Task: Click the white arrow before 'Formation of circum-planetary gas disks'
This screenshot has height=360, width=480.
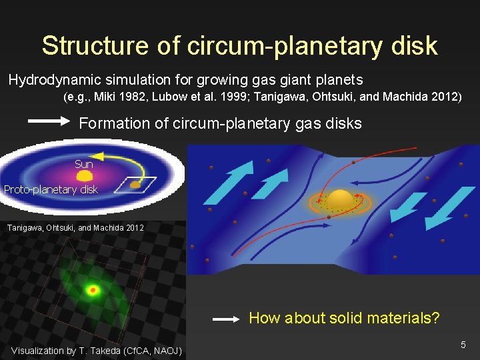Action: (x=50, y=121)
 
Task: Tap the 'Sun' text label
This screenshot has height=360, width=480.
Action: (x=84, y=164)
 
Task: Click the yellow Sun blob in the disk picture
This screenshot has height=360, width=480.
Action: (x=85, y=176)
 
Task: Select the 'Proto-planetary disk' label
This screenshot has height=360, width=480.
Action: (x=51, y=189)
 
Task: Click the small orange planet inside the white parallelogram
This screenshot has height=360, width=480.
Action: (x=136, y=183)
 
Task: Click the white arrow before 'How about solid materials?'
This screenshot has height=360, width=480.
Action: (x=226, y=319)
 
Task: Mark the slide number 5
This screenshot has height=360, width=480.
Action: (x=463, y=345)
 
